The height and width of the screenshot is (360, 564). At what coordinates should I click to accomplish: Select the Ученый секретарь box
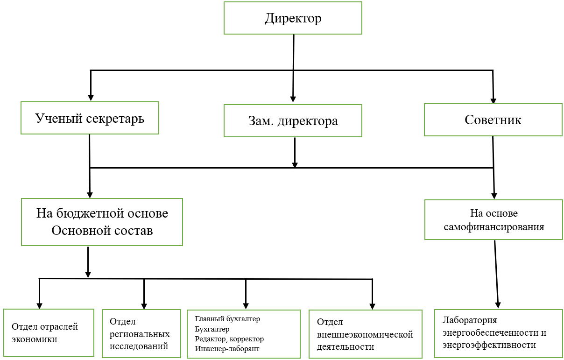[90, 118]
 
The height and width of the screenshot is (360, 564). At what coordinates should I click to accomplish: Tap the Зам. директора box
[293, 121]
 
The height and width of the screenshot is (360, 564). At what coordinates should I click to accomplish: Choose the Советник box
[493, 120]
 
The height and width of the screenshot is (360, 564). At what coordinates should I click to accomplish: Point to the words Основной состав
[102, 230]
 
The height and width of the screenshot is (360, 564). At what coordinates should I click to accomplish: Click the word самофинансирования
[493, 227]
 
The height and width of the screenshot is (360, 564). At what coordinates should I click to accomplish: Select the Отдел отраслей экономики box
[49, 332]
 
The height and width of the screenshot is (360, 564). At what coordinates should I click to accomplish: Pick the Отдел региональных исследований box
[141, 333]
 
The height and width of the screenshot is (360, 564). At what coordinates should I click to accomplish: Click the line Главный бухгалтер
[227, 319]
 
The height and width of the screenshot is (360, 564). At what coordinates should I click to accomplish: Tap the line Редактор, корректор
[229, 339]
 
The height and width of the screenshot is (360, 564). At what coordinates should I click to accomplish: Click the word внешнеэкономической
[365, 334]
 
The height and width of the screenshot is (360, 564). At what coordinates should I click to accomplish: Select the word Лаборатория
[470, 321]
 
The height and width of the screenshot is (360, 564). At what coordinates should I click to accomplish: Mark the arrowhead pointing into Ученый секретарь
[91, 98]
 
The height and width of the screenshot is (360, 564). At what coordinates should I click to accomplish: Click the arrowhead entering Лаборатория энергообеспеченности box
[498, 304]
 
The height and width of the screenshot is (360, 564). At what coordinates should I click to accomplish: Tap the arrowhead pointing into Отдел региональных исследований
[144, 305]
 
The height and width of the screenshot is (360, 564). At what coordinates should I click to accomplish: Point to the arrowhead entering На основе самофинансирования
[494, 196]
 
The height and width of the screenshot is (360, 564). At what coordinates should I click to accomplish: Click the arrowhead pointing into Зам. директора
[293, 99]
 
